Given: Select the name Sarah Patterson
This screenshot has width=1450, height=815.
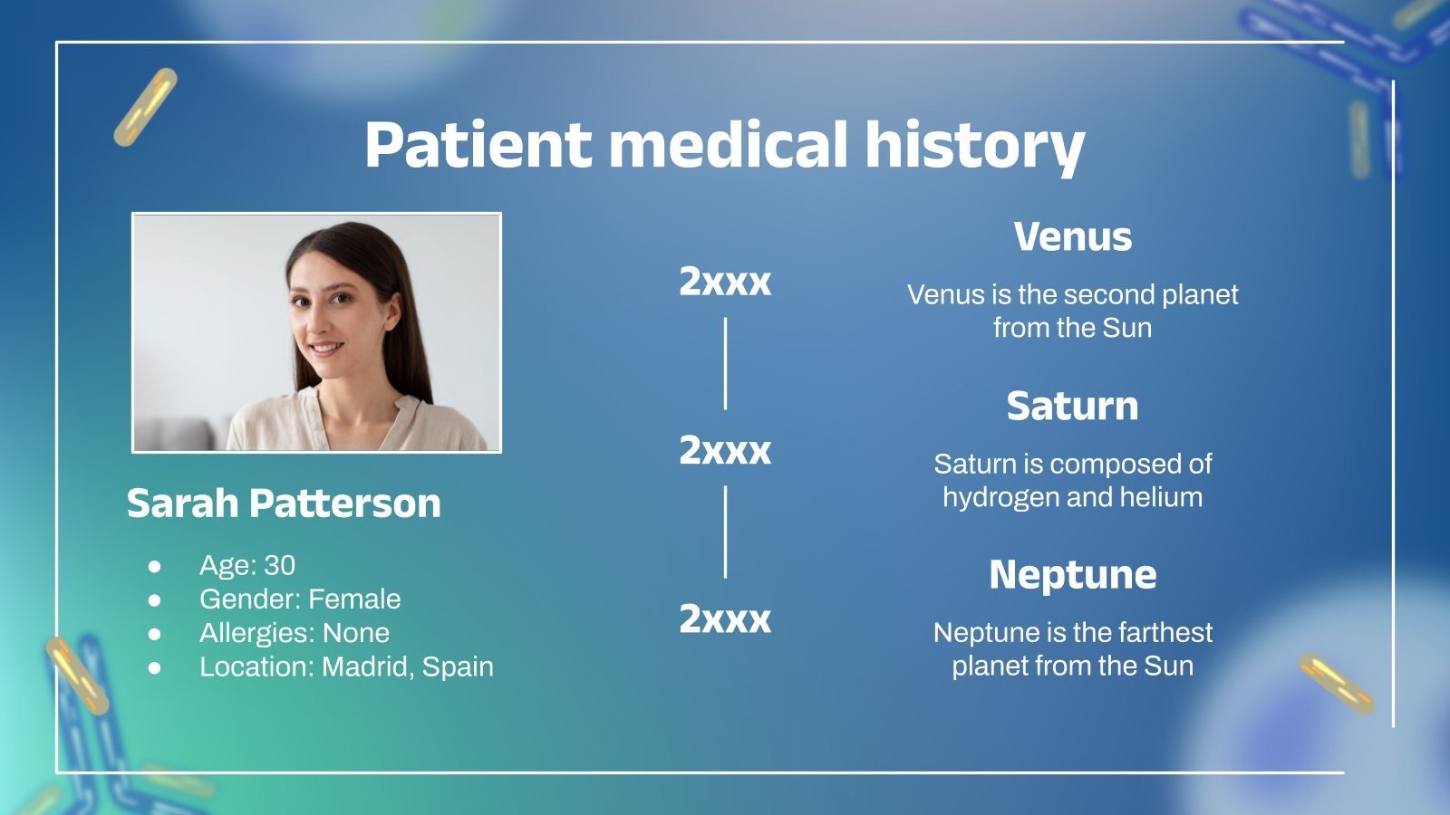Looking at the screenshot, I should (284, 503).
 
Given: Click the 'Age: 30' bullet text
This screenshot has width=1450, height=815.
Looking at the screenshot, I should (247, 565).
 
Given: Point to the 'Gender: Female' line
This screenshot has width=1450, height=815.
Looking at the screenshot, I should (300, 599).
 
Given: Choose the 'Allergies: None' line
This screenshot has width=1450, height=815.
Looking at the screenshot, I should (295, 632).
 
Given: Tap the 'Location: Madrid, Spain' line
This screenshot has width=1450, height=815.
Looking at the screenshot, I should (346, 666).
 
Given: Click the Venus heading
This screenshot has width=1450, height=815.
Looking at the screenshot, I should (1072, 237).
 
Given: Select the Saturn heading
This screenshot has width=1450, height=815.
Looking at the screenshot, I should (1072, 406).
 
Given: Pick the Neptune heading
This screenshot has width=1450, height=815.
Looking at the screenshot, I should (1072, 575).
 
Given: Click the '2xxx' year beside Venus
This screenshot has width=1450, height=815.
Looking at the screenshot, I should (725, 282).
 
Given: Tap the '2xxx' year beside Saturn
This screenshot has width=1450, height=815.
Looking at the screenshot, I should (725, 450).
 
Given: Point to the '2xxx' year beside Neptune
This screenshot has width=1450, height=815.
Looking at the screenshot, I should (725, 619).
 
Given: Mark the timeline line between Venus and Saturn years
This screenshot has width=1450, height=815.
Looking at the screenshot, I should (725, 363).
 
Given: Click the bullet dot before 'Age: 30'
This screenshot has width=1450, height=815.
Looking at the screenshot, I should (155, 566).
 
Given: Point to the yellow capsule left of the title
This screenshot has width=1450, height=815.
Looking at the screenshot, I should (146, 107).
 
